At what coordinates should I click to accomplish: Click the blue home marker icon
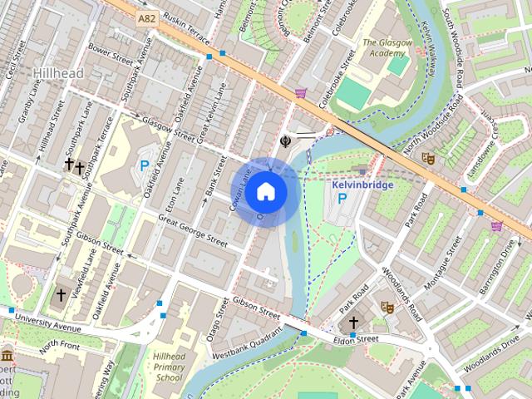coord(265,191)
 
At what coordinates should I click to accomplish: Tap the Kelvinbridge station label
coord(362,185)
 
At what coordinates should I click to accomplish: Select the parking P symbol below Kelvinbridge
coord(342,200)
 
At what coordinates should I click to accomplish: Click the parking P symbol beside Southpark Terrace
coord(144,166)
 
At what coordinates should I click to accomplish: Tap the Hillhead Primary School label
coord(168,367)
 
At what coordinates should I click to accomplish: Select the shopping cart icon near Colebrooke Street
coord(300,93)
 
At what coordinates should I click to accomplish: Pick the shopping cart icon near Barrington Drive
coord(497,225)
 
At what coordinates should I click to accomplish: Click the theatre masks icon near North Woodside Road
coord(429,157)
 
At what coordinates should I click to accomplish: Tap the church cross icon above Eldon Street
coord(353,323)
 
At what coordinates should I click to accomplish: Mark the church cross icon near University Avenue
coord(61,294)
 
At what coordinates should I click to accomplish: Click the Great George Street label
coord(193,230)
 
